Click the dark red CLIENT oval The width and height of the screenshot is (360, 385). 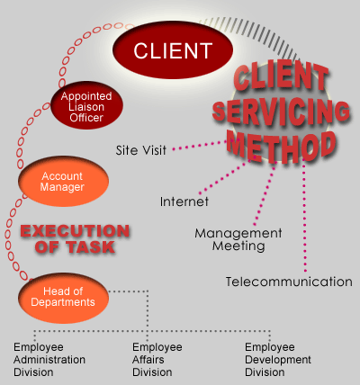tap(173, 49)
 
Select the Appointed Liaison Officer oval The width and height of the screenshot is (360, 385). tap(86, 105)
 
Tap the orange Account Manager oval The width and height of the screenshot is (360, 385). tap(63, 182)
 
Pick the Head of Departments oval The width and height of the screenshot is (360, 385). tap(63, 298)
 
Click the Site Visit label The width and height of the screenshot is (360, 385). tap(141, 150)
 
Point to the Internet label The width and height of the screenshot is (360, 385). tap(184, 201)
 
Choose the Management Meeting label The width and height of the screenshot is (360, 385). tap(238, 239)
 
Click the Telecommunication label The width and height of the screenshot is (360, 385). tap(289, 282)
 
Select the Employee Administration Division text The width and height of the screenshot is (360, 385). tap(49, 360)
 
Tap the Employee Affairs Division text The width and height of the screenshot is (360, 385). tap(157, 360)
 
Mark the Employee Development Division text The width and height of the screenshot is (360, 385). tap(278, 360)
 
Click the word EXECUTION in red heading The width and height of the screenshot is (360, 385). tap(75, 231)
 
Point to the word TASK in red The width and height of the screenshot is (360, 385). tap(91, 247)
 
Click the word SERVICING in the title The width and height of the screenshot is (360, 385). tap(281, 112)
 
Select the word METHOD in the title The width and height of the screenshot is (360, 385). tap(282, 146)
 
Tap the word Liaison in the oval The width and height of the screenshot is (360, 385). tap(86, 107)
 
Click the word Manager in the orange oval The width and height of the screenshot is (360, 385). tap(62, 187)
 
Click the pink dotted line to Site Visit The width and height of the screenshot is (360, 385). tap(199, 145)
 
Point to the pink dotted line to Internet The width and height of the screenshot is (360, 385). tap(225, 176)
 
